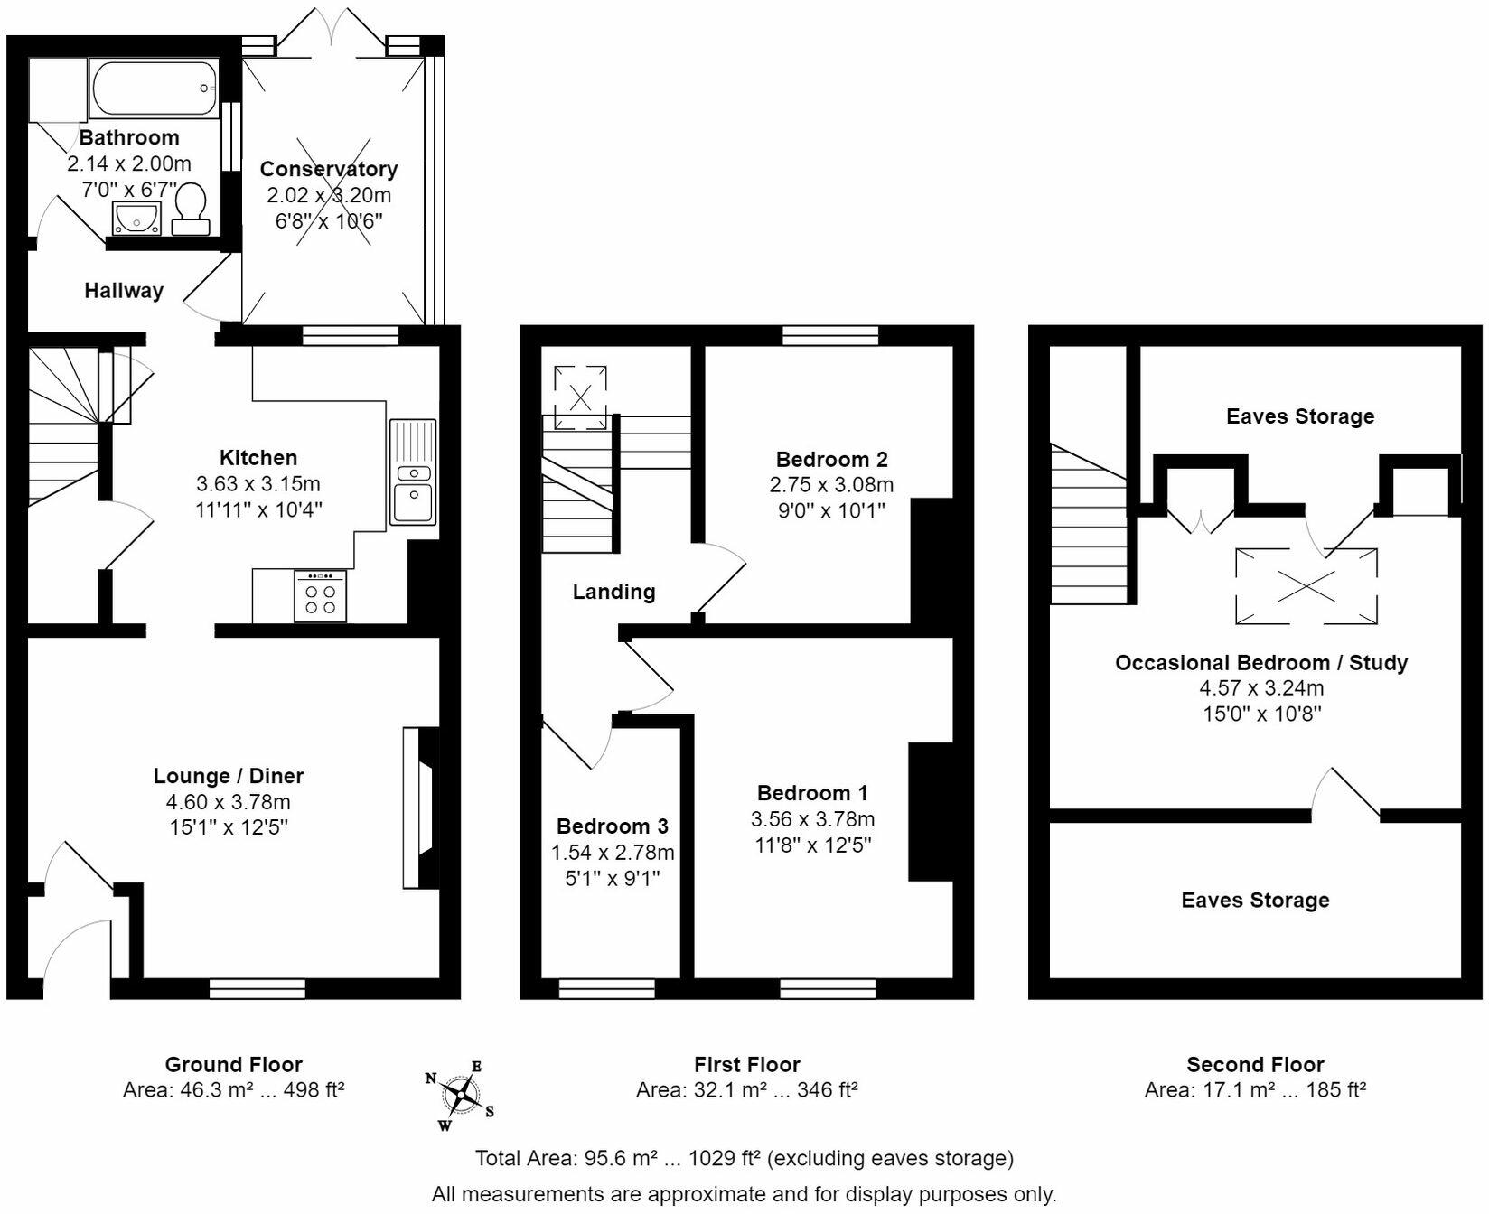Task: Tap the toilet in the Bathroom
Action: click(191, 209)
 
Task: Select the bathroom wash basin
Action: click(136, 218)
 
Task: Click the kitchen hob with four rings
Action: click(320, 596)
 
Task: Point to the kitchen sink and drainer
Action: click(413, 472)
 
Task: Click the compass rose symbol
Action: click(462, 1095)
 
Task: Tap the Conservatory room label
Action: click(329, 169)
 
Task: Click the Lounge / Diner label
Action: click(229, 776)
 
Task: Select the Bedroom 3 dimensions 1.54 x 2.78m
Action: click(613, 853)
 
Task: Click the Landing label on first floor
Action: click(613, 592)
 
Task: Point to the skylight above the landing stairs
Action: click(580, 397)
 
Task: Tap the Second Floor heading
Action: click(1255, 1064)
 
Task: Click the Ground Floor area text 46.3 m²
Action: click(233, 1090)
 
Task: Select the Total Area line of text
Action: click(744, 1158)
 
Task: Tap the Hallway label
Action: click(124, 291)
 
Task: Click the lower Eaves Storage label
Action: click(1255, 900)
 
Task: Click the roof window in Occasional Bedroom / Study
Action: click(1306, 585)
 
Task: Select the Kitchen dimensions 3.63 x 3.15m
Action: click(258, 483)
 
